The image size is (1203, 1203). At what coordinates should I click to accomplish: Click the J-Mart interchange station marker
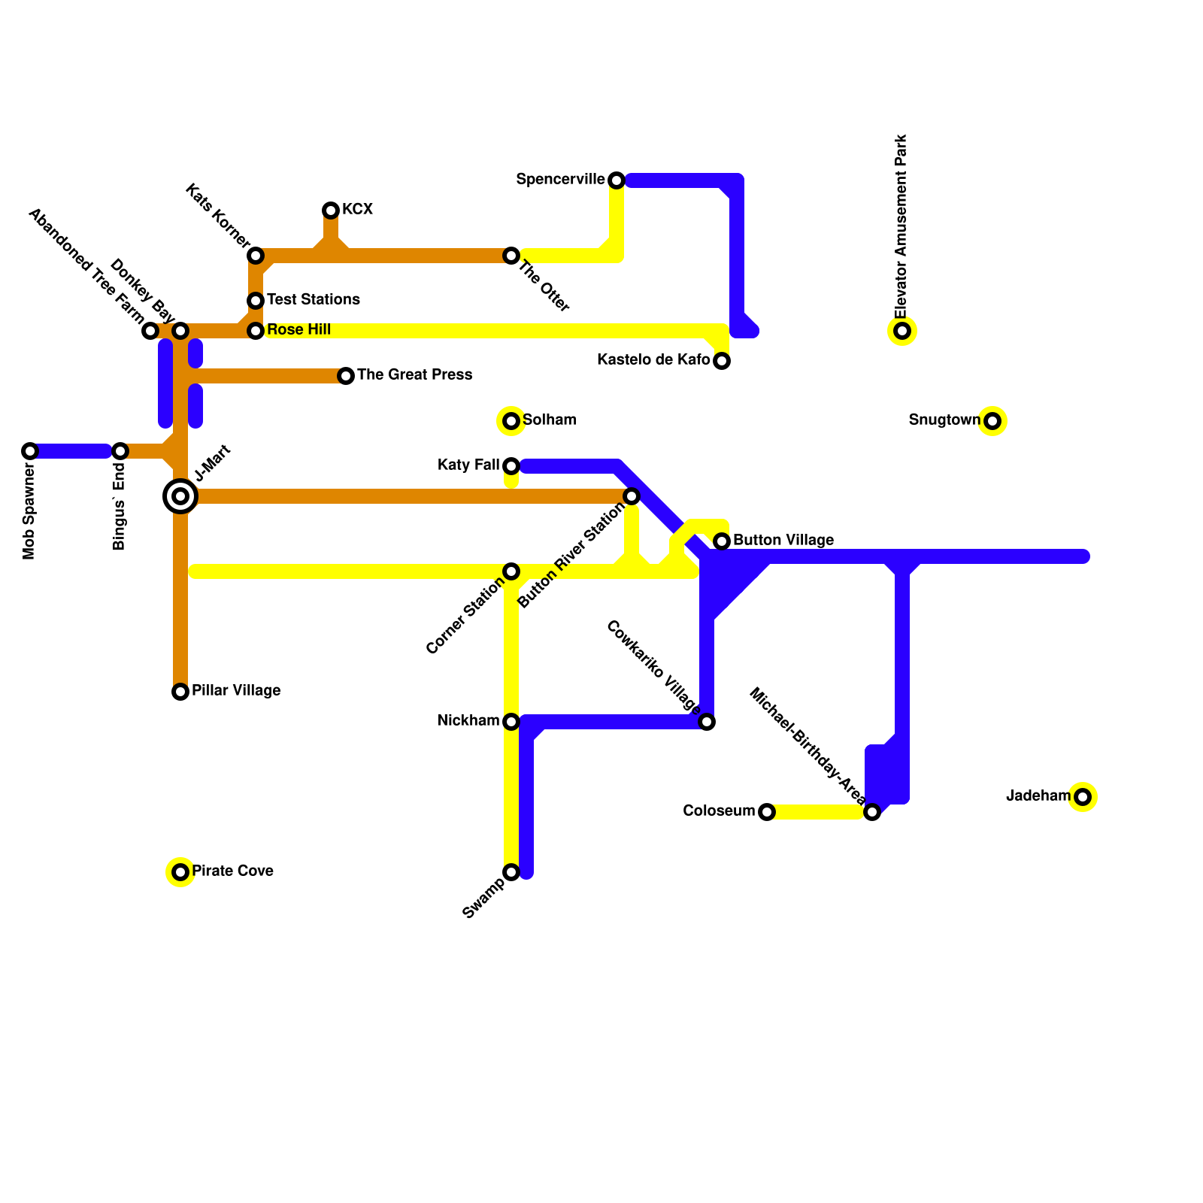point(180,496)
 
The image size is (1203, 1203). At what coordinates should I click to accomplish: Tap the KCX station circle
point(331,211)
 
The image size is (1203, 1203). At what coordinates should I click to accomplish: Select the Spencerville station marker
point(617,180)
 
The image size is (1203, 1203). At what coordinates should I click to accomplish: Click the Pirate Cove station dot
point(180,872)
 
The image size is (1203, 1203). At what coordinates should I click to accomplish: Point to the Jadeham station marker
point(1083,797)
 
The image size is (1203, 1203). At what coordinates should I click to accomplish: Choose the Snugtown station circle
point(992,421)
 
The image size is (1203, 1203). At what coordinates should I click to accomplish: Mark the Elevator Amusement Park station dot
point(902,331)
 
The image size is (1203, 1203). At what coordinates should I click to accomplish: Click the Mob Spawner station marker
point(30,451)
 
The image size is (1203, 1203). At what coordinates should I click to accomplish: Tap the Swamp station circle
point(511,872)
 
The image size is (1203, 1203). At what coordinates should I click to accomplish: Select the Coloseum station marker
point(767,812)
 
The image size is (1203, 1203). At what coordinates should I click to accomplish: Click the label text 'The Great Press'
point(414,374)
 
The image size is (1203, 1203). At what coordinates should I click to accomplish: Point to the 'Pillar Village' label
point(236,690)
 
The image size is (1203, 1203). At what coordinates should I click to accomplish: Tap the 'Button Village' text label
point(783,540)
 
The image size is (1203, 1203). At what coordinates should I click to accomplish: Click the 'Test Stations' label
point(313,299)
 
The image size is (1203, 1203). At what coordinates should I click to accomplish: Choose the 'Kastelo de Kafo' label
point(653,359)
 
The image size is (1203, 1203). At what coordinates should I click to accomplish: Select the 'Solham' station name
point(549,420)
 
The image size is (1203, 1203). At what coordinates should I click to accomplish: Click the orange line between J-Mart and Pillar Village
point(180,594)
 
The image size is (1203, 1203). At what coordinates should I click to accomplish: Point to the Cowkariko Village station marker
point(707,722)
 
